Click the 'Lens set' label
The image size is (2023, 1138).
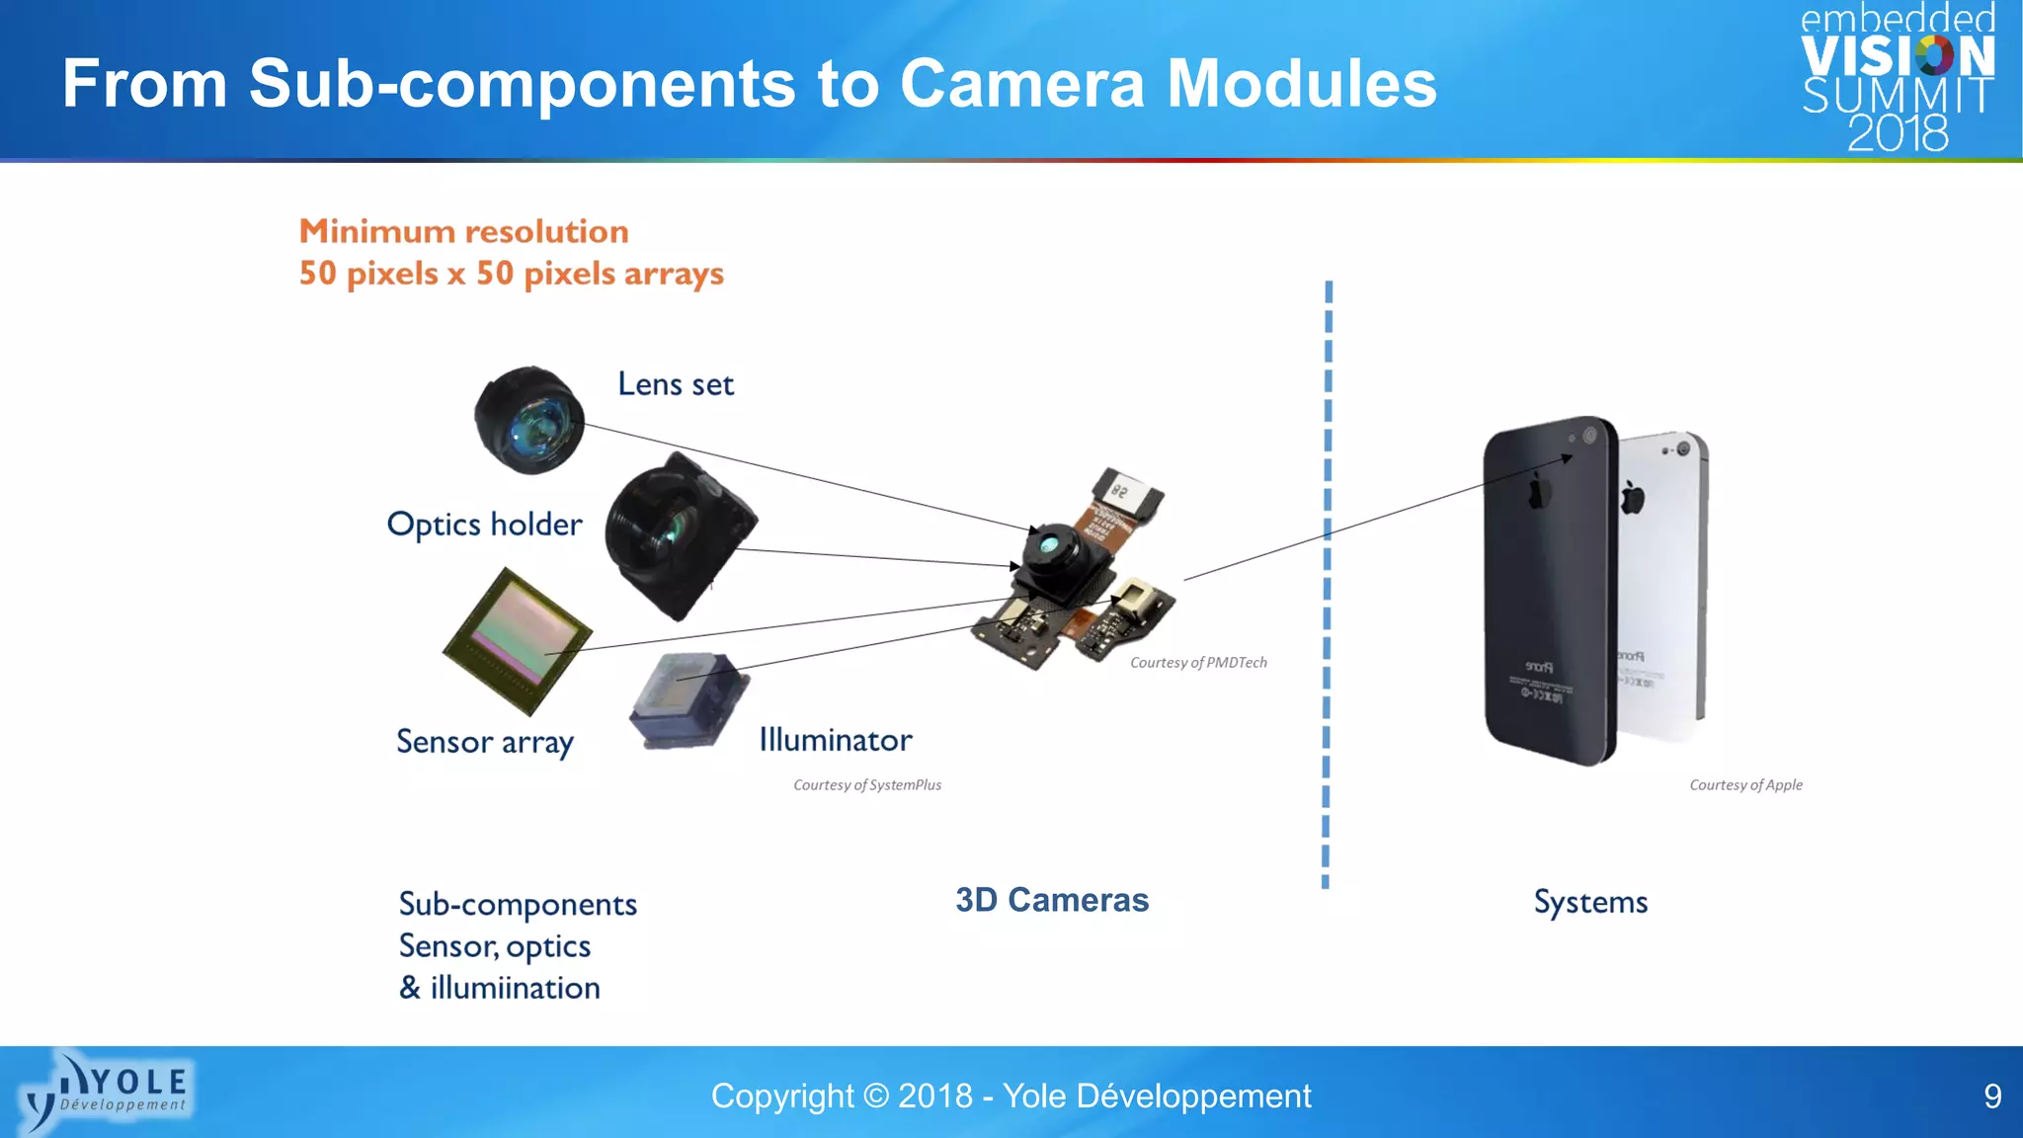pyautogui.click(x=676, y=384)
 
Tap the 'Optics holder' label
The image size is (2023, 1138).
pyautogui.click(x=484, y=525)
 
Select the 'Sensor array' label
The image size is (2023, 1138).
pyautogui.click(x=484, y=742)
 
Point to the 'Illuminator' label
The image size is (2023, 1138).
pyautogui.click(x=835, y=740)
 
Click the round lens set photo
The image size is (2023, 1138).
pyautogui.click(x=529, y=420)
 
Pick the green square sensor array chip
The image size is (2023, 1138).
pyautogui.click(x=517, y=640)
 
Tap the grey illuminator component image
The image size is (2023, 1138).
pyautogui.click(x=688, y=700)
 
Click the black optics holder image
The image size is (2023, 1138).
pyautogui.click(x=680, y=535)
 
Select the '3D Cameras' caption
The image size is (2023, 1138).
pyautogui.click(x=1052, y=900)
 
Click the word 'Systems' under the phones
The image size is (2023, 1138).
pyautogui.click(x=1590, y=902)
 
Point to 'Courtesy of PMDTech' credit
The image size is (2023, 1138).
pyautogui.click(x=1198, y=663)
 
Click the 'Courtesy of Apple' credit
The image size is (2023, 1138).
pyautogui.click(x=1745, y=785)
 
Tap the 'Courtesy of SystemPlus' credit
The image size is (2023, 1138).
pyautogui.click(x=867, y=785)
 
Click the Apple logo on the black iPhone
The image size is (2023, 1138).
pyautogui.click(x=1537, y=491)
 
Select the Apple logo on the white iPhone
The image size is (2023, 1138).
pyautogui.click(x=1633, y=498)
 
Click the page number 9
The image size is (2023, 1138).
pyautogui.click(x=1992, y=1097)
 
